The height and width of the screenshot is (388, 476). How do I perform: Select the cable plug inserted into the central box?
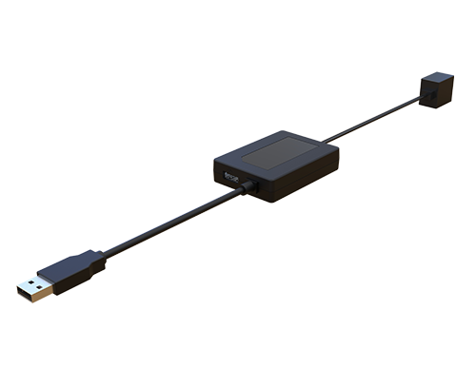(x=249, y=186)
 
